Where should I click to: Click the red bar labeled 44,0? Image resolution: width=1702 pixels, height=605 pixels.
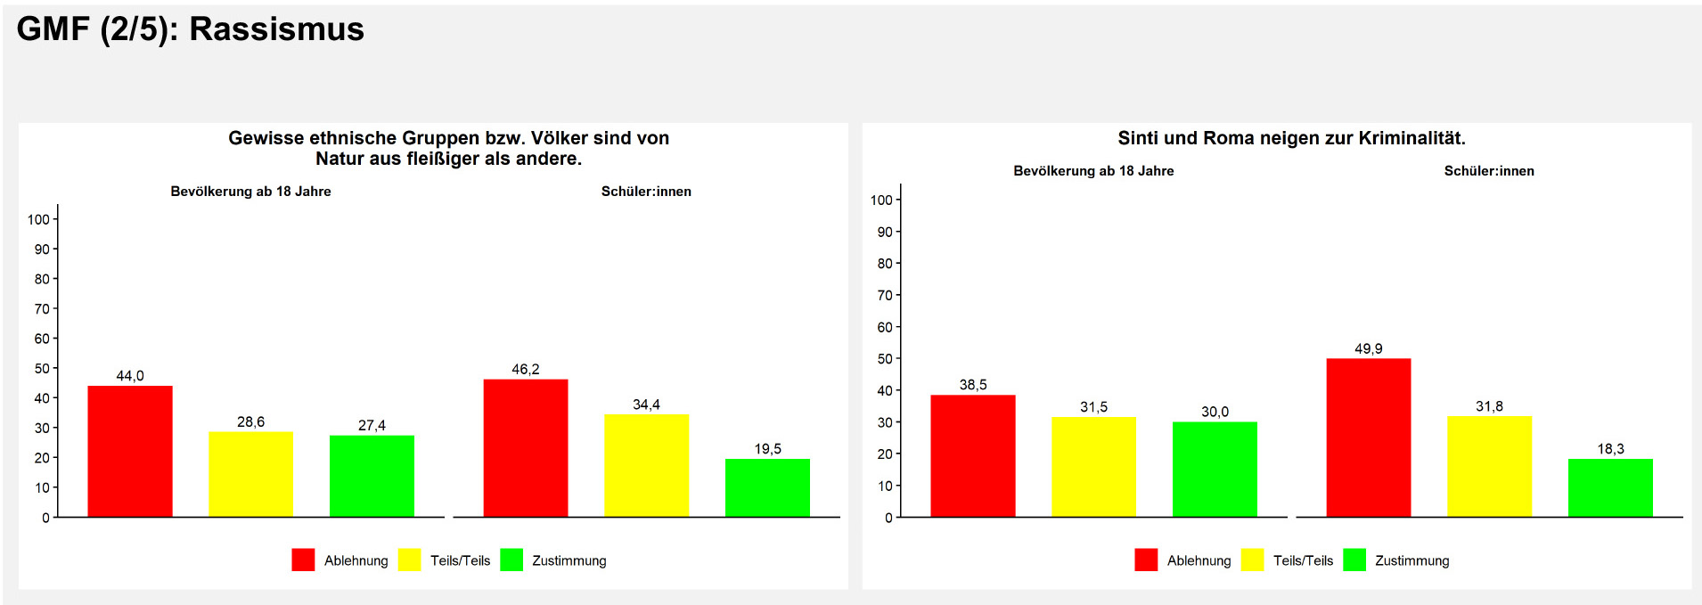click(x=130, y=451)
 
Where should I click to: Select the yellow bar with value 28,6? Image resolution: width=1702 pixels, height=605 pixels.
click(x=250, y=474)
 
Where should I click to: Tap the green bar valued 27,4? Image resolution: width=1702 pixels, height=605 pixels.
click(x=372, y=476)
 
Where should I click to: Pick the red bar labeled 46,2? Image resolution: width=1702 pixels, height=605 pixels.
click(x=526, y=448)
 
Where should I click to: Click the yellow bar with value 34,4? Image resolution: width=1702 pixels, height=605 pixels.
click(x=646, y=465)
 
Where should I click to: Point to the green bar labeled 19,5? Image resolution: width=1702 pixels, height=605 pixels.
click(x=767, y=487)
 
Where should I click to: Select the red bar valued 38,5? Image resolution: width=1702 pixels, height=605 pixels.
click(x=973, y=455)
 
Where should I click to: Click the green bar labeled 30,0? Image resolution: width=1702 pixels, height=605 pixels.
click(x=1215, y=469)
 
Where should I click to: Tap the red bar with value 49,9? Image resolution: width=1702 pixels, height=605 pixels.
click(x=1369, y=437)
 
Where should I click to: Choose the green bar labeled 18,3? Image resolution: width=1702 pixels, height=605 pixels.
click(x=1610, y=487)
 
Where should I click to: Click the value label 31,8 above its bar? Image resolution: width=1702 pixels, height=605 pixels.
click(x=1489, y=406)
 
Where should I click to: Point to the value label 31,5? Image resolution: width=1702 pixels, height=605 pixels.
click(x=1093, y=407)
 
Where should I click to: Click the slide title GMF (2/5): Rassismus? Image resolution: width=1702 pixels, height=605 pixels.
click(x=191, y=29)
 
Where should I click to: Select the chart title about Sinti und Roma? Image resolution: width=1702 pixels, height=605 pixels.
click(x=1291, y=138)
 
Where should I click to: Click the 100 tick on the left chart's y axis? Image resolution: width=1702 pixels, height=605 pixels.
click(x=38, y=219)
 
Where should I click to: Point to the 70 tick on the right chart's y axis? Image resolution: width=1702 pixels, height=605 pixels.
click(x=884, y=295)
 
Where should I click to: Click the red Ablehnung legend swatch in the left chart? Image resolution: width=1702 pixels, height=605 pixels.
click(x=303, y=560)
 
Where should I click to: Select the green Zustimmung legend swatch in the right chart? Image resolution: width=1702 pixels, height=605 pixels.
click(x=1354, y=560)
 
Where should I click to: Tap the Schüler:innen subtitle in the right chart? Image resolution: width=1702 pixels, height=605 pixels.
click(x=1489, y=171)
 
